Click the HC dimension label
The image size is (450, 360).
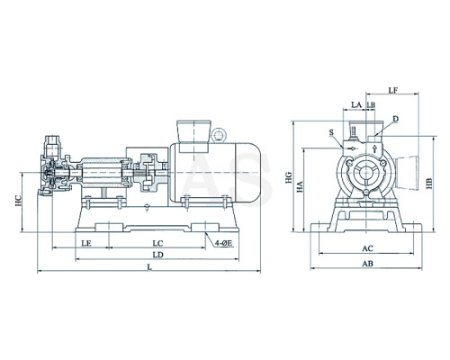[x=18, y=201]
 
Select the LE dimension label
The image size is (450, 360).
[x=86, y=243]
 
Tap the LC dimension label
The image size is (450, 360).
[x=157, y=243]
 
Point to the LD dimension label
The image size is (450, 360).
[x=157, y=255]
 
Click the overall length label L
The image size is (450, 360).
[x=149, y=266]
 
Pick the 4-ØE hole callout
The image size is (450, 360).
[x=223, y=243]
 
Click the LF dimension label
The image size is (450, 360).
[x=393, y=90]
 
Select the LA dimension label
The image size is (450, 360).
[x=356, y=104]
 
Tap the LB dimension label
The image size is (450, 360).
[x=371, y=104]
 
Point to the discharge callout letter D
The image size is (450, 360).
[x=396, y=119]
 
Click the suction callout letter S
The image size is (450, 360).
[x=331, y=132]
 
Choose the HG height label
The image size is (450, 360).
[x=289, y=177]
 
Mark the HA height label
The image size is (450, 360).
[x=300, y=186]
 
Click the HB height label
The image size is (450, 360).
[x=429, y=184]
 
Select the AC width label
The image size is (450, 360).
[x=367, y=248]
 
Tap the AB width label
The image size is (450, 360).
[x=367, y=264]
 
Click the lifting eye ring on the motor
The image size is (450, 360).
[x=218, y=135]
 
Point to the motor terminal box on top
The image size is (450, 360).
[x=194, y=136]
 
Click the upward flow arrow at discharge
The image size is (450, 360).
[x=374, y=148]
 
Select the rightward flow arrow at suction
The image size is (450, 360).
[x=352, y=148]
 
